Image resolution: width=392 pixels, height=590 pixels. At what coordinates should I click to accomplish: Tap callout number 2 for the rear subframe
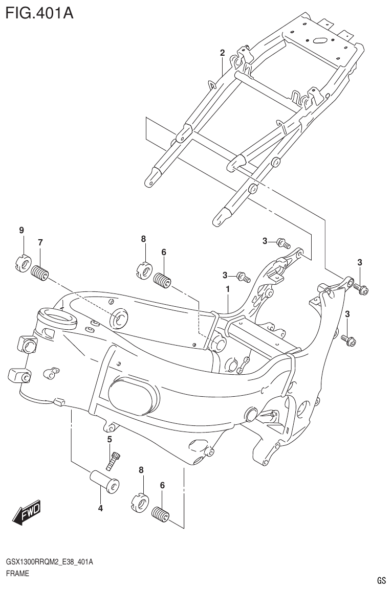(223, 53)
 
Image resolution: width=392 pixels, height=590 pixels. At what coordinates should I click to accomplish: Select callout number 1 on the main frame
(227, 289)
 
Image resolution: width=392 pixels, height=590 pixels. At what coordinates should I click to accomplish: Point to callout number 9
(21, 231)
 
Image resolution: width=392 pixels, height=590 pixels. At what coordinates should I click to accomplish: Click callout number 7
(40, 242)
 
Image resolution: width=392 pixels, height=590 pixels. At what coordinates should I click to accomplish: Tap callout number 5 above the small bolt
(110, 439)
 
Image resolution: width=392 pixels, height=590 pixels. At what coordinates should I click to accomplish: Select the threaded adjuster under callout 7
(40, 274)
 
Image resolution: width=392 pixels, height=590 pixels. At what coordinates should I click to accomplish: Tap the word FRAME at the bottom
(17, 574)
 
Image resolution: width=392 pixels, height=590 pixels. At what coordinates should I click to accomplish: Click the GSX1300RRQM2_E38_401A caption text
(49, 562)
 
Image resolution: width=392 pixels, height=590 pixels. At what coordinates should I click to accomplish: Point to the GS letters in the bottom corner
(381, 581)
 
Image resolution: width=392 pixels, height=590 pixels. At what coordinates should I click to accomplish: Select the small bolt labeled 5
(114, 460)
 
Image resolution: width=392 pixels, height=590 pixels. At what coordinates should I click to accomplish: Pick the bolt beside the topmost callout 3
(282, 242)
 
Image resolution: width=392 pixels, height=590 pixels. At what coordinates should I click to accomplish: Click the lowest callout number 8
(141, 469)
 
